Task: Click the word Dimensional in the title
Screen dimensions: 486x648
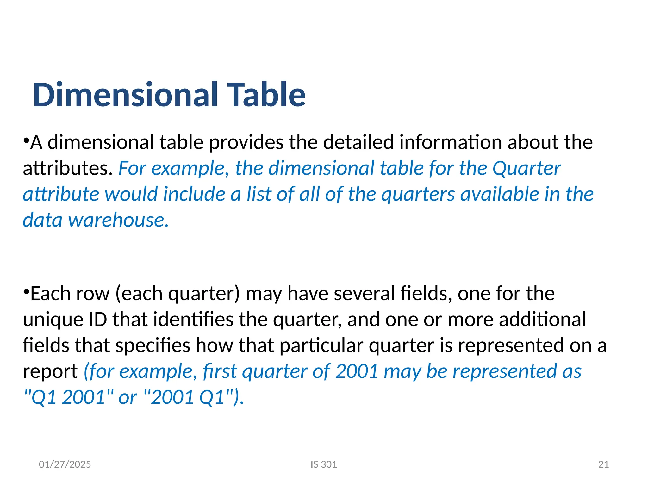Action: pos(125,95)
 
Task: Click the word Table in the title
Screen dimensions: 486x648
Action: pos(266,95)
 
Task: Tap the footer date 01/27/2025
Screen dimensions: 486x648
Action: pos(65,464)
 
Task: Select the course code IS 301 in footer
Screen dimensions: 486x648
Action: pos(324,464)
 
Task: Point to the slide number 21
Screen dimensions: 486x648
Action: pos(603,464)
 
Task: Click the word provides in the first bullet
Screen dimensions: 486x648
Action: pos(246,142)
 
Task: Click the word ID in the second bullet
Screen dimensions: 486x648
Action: pos(98,320)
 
